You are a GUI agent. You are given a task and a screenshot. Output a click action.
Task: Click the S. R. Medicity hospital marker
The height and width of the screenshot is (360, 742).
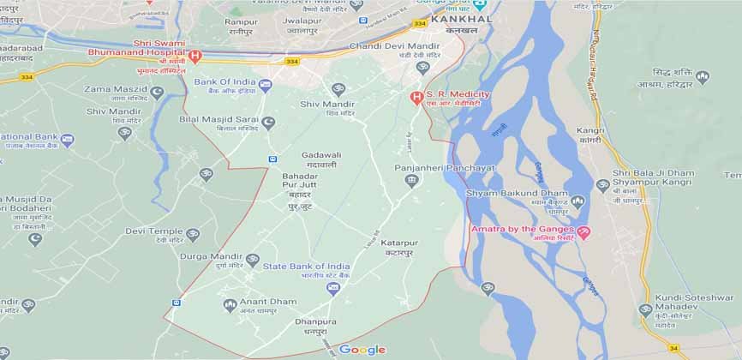[x=416, y=96]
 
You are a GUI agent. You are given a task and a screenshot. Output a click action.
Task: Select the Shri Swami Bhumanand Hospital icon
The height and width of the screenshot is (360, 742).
[x=195, y=57]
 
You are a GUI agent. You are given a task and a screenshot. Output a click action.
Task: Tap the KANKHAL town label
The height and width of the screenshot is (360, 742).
[x=460, y=18]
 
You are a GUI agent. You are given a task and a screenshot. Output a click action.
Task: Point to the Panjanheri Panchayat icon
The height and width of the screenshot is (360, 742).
[x=411, y=180]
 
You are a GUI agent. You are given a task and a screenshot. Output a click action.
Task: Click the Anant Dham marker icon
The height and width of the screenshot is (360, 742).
[x=229, y=304]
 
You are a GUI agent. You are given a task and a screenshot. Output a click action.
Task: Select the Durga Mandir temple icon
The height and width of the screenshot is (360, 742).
[x=252, y=260]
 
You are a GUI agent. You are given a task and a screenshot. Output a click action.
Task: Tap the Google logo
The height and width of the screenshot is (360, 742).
[x=362, y=350]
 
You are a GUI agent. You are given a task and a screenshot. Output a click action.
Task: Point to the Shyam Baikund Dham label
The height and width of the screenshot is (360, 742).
[x=517, y=194]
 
